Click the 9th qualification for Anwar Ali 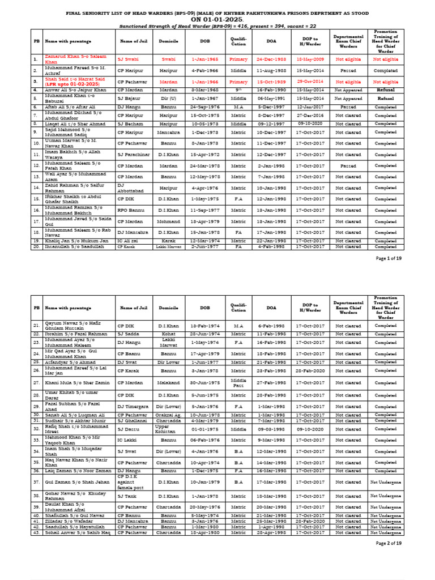[238, 90]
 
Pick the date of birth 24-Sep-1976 [204, 106]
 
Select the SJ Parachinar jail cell [134, 155]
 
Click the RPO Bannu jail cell [130, 210]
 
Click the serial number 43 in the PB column [36, 532]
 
